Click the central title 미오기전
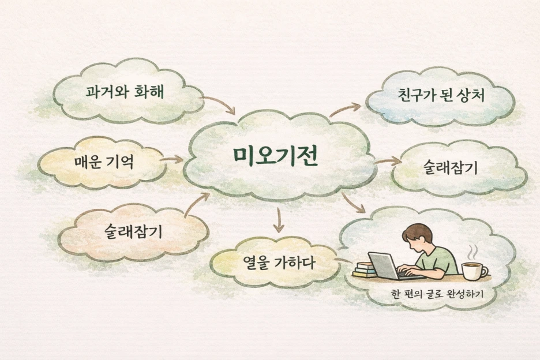275,156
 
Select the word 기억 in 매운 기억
118,162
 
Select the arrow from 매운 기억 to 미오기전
171,159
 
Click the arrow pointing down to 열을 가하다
279,219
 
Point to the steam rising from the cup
472,252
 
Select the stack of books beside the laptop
364,269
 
